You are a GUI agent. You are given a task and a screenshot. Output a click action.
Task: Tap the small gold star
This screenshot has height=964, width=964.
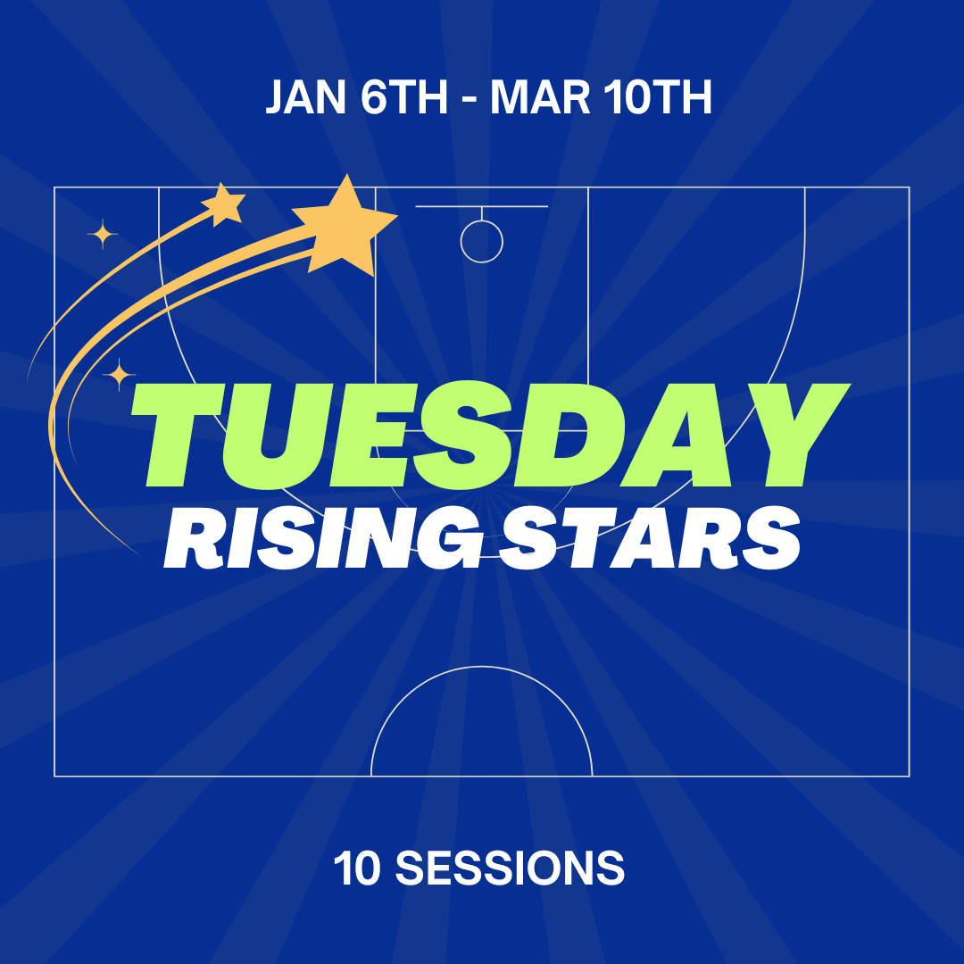pyautogui.click(x=223, y=204)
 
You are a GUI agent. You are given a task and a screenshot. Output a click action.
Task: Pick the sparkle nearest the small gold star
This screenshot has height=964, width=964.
pyautogui.click(x=103, y=235)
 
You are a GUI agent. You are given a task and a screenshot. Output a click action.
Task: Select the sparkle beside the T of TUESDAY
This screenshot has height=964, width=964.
pyautogui.click(x=119, y=375)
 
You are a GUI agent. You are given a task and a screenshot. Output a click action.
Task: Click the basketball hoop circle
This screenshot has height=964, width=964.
pyautogui.click(x=482, y=241)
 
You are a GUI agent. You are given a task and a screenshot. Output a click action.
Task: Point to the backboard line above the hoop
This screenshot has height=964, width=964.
pyautogui.click(x=481, y=207)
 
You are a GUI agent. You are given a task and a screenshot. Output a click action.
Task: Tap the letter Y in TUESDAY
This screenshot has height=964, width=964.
pyautogui.click(x=790, y=436)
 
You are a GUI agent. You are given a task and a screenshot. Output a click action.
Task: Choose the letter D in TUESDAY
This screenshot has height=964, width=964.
pyautogui.click(x=585, y=436)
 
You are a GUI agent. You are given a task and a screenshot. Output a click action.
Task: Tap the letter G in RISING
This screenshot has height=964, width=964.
pyautogui.click(x=452, y=539)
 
